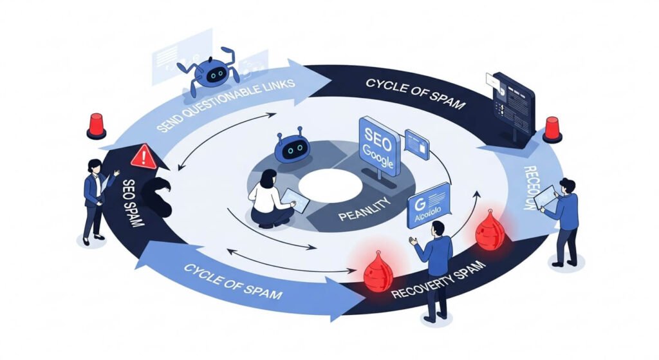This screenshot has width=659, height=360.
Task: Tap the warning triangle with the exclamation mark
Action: [143, 157]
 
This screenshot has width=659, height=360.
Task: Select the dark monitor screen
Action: [512, 103]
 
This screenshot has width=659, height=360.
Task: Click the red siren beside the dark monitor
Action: [552, 129]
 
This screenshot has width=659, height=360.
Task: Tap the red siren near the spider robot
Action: [96, 126]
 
